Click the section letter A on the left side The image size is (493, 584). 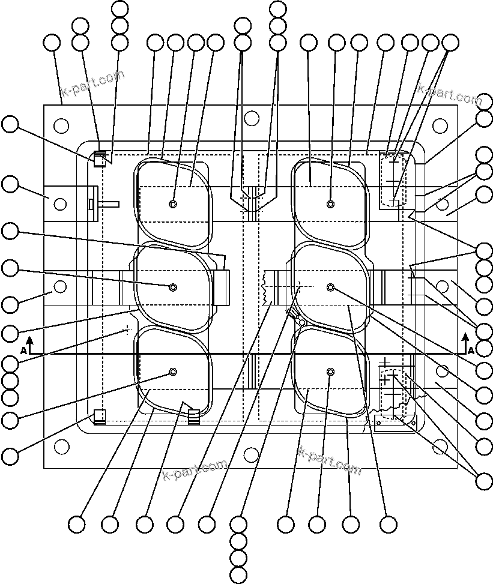tap(23, 349)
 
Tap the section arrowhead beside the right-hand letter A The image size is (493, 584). tap(465, 338)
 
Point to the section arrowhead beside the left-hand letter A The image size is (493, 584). tap(29, 340)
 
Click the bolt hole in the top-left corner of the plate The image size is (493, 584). tap(61, 125)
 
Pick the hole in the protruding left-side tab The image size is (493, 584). tap(60, 204)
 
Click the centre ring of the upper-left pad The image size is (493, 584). tap(173, 204)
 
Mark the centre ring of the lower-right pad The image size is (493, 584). tap(330, 373)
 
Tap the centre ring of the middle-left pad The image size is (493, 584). tap(173, 287)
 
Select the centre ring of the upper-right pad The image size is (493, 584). tap(330, 204)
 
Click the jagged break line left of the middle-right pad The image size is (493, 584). tap(265, 287)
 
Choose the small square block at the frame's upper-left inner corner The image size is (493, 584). tap(99, 160)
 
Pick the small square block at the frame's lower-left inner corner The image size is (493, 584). tap(99, 415)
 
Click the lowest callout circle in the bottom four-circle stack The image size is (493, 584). tap(238, 574)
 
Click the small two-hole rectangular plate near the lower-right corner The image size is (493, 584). tap(396, 423)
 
